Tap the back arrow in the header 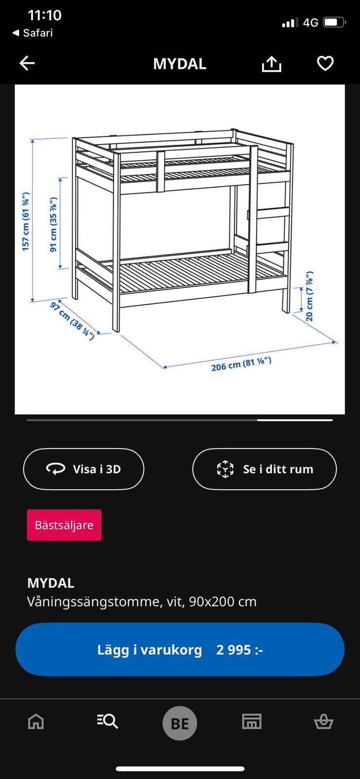click(x=27, y=63)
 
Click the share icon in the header click(x=271, y=64)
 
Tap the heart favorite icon click(x=325, y=63)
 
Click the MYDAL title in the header click(x=180, y=64)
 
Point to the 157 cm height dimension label click(x=26, y=222)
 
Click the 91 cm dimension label click(x=54, y=224)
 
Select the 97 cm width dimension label click(x=72, y=321)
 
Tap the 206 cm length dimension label click(x=241, y=364)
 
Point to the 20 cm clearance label click(x=310, y=296)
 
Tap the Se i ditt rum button click(x=265, y=469)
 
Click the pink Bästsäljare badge click(x=64, y=525)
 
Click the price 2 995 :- click(x=239, y=650)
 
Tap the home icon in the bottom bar click(x=36, y=721)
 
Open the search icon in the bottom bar click(x=108, y=721)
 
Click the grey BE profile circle click(x=180, y=723)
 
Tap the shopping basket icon click(x=323, y=721)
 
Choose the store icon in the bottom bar click(x=251, y=721)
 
